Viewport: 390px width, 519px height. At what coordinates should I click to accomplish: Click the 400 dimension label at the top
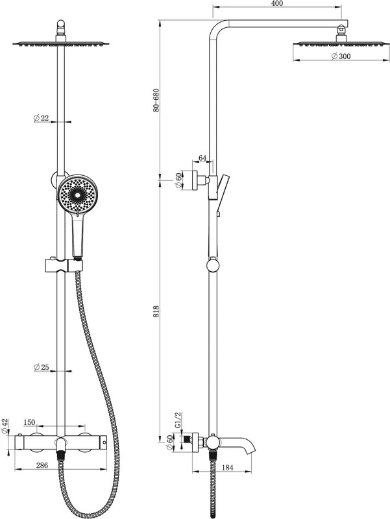pos(277,3)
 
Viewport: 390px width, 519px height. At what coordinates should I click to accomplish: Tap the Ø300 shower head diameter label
pos(341,56)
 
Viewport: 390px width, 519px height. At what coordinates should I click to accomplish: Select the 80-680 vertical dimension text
pos(156,101)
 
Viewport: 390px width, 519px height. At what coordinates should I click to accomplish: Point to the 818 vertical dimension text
pos(156,312)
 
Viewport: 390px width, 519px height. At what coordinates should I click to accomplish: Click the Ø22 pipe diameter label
pos(41,118)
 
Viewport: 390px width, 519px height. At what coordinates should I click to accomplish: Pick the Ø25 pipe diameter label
pos(41,367)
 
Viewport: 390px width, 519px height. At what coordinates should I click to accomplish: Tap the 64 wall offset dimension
pos(202,158)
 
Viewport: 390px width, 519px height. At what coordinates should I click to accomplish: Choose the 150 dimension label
pos(29,422)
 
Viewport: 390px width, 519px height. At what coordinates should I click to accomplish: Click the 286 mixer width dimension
pos(42,465)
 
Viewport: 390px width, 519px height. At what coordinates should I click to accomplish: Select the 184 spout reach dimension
pos(227,468)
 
